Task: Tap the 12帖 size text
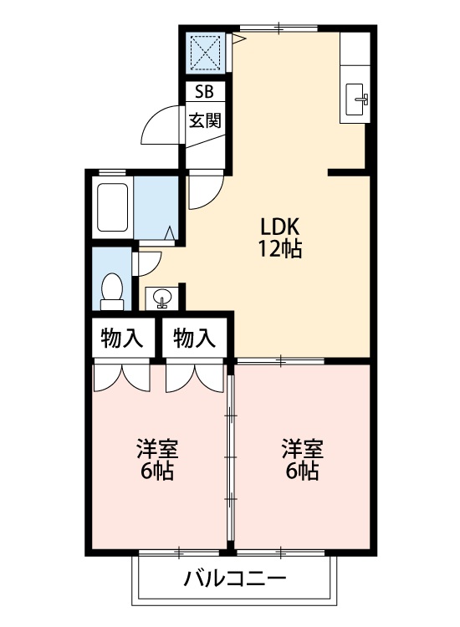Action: click(x=279, y=248)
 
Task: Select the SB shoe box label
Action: click(x=204, y=92)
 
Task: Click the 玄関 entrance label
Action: click(x=204, y=120)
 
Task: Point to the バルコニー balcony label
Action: click(x=235, y=579)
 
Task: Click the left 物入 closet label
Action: click(x=122, y=339)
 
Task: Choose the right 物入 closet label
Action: click(x=195, y=339)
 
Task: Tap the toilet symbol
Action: click(x=112, y=288)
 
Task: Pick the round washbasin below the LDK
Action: click(x=162, y=298)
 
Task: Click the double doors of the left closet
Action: click(x=121, y=376)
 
